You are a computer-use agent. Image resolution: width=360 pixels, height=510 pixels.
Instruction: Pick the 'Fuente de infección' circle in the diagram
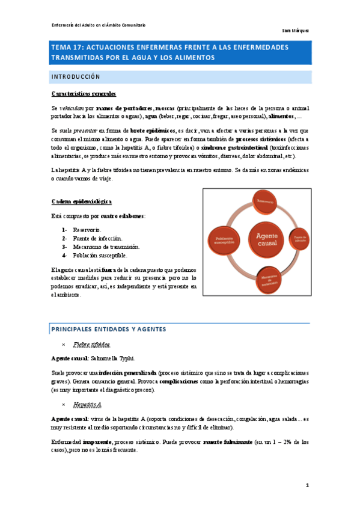(299, 239)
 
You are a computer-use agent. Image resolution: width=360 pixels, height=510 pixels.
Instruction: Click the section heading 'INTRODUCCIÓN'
(75, 77)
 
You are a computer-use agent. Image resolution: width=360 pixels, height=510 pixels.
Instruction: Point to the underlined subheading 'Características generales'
(84, 94)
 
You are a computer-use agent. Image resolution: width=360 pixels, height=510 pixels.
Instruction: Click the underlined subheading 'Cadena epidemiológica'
(81, 201)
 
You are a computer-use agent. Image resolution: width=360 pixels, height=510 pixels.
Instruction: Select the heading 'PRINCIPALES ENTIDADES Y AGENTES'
(108, 329)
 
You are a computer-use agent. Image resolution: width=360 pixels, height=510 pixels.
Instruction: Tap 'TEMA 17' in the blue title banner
(68, 46)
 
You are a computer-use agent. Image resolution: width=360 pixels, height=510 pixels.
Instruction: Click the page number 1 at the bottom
(307, 485)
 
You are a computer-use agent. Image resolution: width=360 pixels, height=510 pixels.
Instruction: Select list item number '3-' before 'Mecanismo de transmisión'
(64, 247)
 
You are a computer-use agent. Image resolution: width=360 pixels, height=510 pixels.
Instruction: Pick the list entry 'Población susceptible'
(100, 255)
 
